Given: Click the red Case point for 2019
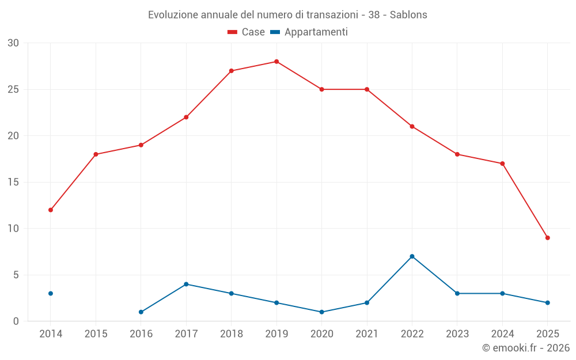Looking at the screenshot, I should point(276,62).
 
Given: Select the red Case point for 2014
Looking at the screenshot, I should point(51,210).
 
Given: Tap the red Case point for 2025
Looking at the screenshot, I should point(547,238).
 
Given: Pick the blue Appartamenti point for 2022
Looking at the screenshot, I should point(412,256).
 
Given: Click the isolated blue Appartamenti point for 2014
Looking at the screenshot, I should point(51,294).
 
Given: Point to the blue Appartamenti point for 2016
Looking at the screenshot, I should point(141,312).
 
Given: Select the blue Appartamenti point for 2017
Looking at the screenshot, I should point(186,284).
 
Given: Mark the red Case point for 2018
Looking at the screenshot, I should point(231,71).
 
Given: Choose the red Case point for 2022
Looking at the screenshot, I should point(412,127).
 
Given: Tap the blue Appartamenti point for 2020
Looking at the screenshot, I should point(321,312).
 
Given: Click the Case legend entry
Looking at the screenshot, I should point(247,32).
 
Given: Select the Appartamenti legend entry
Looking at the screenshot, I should point(309,32).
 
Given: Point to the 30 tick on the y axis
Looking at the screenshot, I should point(13,43).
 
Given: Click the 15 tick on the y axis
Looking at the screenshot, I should point(13,183).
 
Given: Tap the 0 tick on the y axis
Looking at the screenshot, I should point(16,321).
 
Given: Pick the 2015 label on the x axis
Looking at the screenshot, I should point(96,334).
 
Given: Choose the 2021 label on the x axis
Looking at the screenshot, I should point(367,334).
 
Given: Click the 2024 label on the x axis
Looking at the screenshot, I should point(502,334).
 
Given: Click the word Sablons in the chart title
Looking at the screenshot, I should point(408,15).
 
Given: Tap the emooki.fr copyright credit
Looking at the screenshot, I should point(525,348).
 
